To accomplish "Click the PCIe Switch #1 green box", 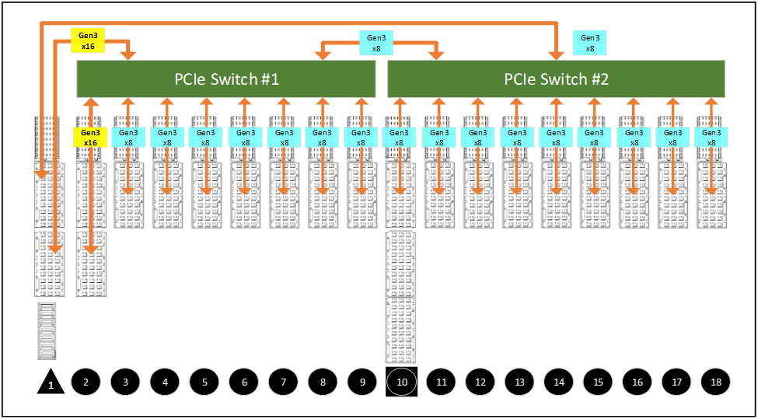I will [x=225, y=79].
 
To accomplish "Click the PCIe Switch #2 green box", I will [x=556, y=79].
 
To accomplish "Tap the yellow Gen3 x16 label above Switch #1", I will [x=88, y=40].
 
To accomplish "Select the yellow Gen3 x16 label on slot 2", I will [x=89, y=138].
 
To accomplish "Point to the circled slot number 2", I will [x=86, y=382].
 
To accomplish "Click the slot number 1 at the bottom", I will [x=51, y=384].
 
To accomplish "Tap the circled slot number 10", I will [x=402, y=382].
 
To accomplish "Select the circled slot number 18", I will [x=716, y=382].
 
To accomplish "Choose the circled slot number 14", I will [x=559, y=382].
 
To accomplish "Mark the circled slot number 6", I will [x=244, y=382].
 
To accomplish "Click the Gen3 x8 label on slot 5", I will [x=205, y=138].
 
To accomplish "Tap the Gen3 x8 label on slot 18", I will [x=711, y=138].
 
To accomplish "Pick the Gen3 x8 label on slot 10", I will [x=400, y=138].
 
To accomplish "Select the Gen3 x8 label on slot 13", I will [x=516, y=138].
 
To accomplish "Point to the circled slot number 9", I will [x=362, y=382].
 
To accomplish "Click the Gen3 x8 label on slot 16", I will [x=634, y=138].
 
